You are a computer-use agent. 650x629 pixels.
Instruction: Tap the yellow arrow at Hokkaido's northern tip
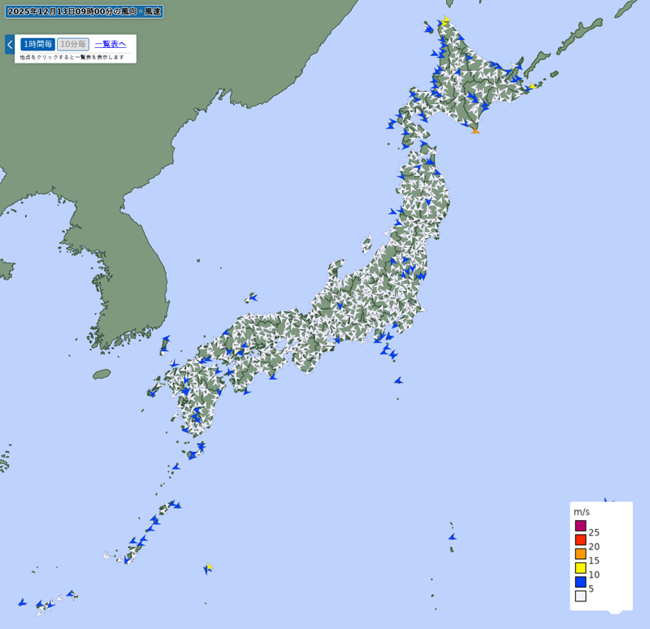[x=446, y=20]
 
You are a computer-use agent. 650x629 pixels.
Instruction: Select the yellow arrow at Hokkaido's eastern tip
[x=532, y=85]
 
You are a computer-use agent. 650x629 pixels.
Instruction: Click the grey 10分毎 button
[x=73, y=44]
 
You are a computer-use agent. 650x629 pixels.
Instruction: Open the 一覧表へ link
[x=110, y=44]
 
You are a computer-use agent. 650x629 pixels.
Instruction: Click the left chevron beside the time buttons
[x=10, y=44]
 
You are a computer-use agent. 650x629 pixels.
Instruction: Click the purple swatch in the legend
[x=581, y=526]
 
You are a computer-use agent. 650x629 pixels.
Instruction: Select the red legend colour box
[x=581, y=540]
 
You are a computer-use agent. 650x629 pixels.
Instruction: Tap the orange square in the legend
[x=581, y=553]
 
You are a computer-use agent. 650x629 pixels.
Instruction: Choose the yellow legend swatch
[x=581, y=567]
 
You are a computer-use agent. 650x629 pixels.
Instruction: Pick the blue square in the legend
[x=581, y=582]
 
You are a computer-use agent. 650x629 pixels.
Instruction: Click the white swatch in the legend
[x=581, y=596]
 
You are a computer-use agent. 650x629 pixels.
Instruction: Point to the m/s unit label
[x=582, y=512]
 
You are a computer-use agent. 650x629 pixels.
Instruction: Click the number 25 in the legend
[x=594, y=532]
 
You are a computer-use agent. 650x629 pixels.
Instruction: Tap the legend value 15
[x=594, y=561]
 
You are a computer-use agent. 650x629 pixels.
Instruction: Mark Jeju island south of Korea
[x=102, y=374]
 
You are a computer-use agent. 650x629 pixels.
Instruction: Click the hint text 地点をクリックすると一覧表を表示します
[x=72, y=57]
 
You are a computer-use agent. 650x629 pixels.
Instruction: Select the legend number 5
[x=591, y=588]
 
